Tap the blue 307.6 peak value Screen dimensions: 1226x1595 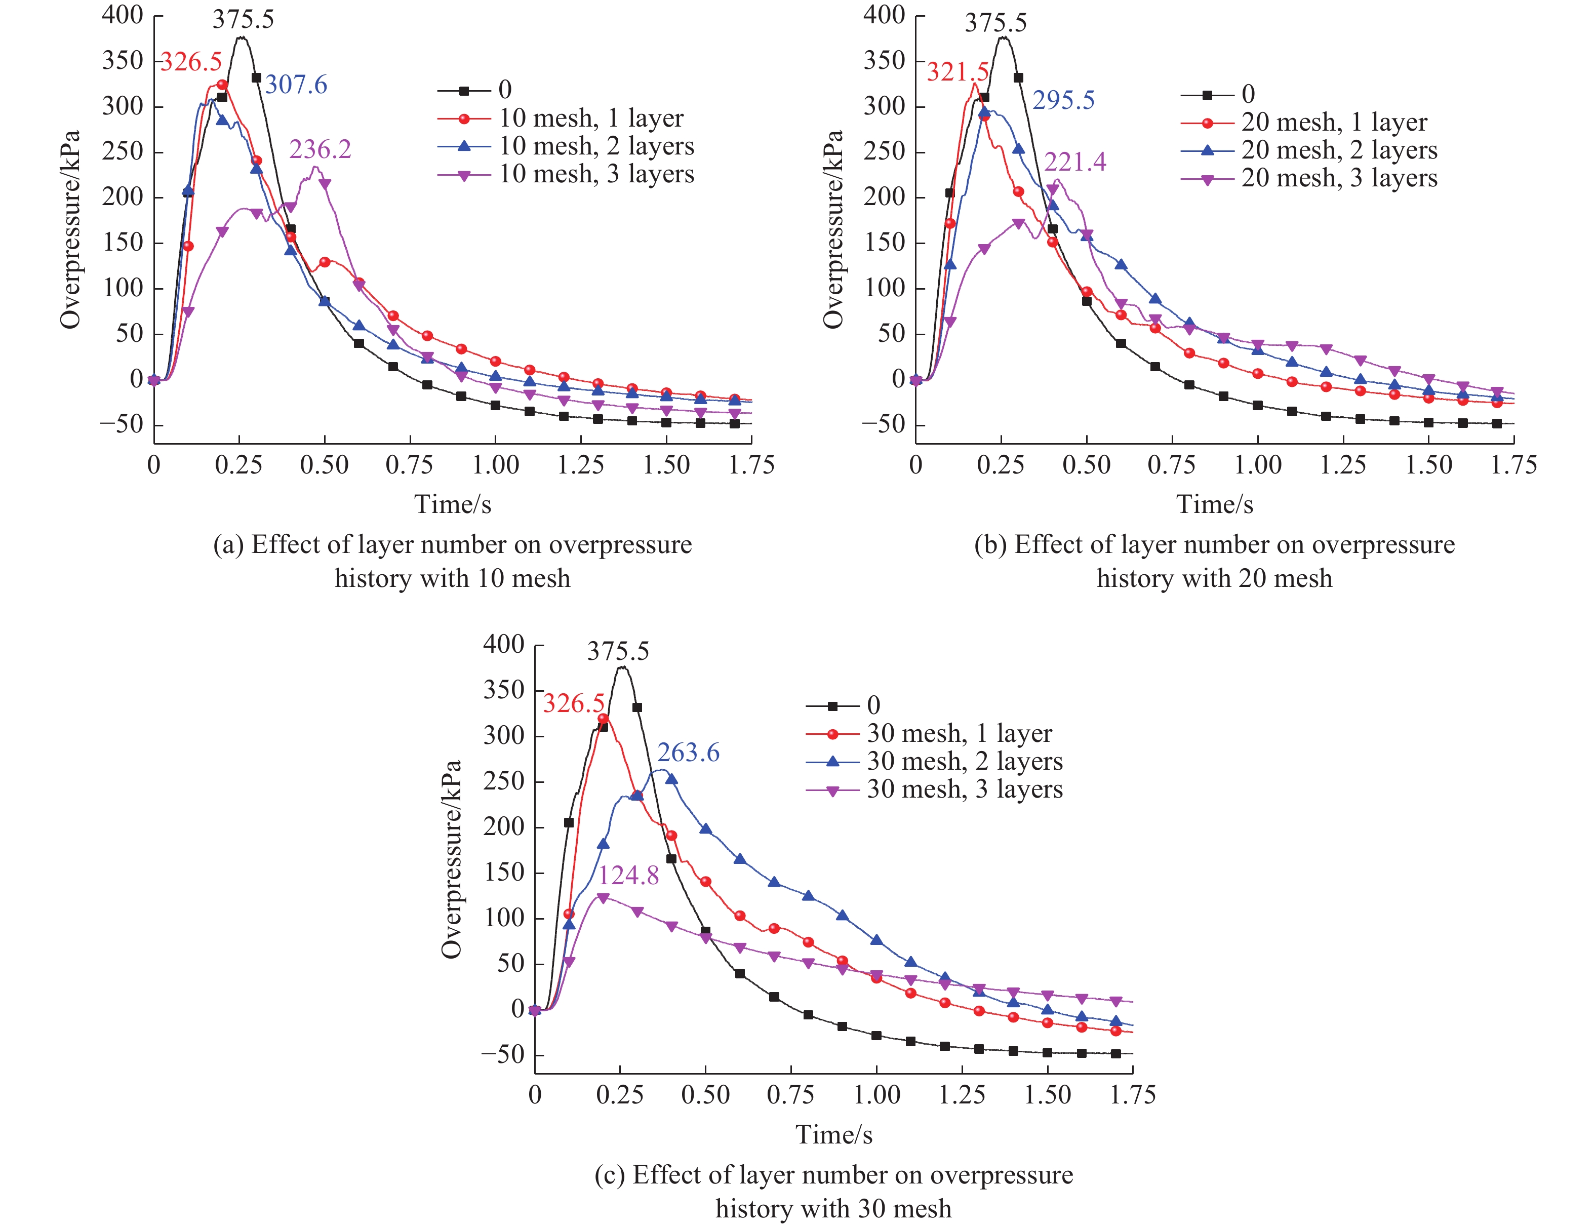tap(296, 85)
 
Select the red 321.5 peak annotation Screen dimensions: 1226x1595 tap(958, 71)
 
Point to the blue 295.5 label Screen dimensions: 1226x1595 tap(1063, 100)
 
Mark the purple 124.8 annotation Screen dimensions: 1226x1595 tap(628, 875)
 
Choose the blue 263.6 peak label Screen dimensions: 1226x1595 tap(688, 753)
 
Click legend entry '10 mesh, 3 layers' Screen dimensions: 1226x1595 tap(596, 174)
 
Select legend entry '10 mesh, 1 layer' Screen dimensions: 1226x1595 tap(591, 118)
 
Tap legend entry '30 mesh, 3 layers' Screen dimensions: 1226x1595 tap(964, 789)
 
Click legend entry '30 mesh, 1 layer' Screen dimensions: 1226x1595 tap(959, 733)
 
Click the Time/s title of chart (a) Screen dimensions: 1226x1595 tap(452, 504)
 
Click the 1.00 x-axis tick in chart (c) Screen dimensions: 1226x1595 tap(876, 1095)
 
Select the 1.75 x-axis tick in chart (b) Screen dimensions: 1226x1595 tap(1513, 465)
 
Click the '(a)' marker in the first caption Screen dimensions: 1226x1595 tap(228, 545)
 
